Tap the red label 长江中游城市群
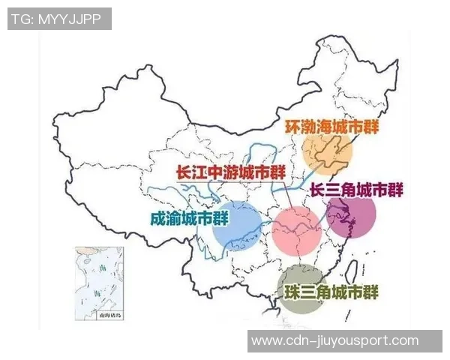(x=225, y=171)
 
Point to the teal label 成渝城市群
(x=189, y=218)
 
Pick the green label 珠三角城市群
(x=331, y=291)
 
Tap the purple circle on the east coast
(x=351, y=217)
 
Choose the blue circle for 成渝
(x=237, y=224)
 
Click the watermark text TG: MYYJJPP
(x=59, y=19)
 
